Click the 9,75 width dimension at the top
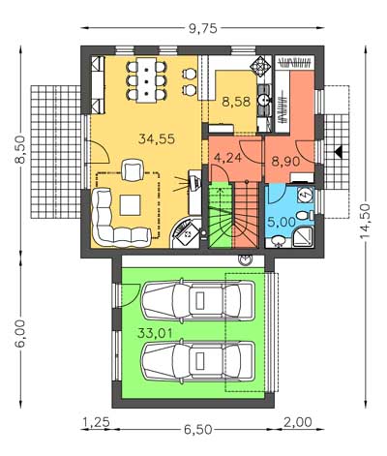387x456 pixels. click(203, 29)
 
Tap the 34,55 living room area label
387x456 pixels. click(157, 138)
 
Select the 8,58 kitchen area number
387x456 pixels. click(236, 102)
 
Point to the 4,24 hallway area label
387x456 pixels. click(227, 159)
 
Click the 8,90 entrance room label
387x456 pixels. click(285, 161)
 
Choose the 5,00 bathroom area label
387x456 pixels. click(282, 222)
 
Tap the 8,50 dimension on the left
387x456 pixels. click(20, 150)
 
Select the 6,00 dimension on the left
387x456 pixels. click(20, 334)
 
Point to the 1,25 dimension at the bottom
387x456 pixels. click(97, 422)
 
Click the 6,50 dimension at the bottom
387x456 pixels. click(198, 430)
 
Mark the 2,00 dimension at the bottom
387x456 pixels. click(298, 422)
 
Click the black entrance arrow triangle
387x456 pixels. click(338, 151)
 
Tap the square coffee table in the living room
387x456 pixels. click(131, 205)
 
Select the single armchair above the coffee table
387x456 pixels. click(132, 169)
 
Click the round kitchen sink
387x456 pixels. click(263, 101)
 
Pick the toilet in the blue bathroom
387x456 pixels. click(305, 215)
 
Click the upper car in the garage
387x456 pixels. click(198, 300)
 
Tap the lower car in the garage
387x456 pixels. click(198, 360)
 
